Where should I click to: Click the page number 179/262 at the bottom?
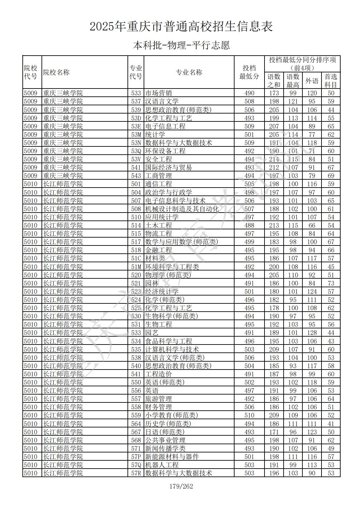(x=181, y=486)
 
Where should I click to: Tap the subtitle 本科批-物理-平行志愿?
(x=181, y=45)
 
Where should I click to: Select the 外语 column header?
(x=312, y=81)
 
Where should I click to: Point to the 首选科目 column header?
(x=331, y=81)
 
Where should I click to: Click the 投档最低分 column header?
(x=249, y=72)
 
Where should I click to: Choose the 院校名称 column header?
(x=56, y=72)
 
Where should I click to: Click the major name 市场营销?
(x=158, y=93)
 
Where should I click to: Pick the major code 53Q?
(x=136, y=151)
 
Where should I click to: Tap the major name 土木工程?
(x=158, y=225)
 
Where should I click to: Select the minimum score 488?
(x=249, y=225)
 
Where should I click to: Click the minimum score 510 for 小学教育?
(x=249, y=415)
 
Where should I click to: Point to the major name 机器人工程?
(x=162, y=465)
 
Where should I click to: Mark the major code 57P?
(x=136, y=457)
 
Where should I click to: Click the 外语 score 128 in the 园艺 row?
(x=312, y=333)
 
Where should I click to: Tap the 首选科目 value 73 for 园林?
(x=331, y=283)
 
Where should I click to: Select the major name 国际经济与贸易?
(x=168, y=167)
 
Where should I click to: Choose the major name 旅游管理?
(x=158, y=399)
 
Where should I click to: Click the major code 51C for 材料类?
(x=136, y=258)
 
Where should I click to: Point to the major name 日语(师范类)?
(x=165, y=432)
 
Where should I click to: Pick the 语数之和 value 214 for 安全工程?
(x=274, y=159)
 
